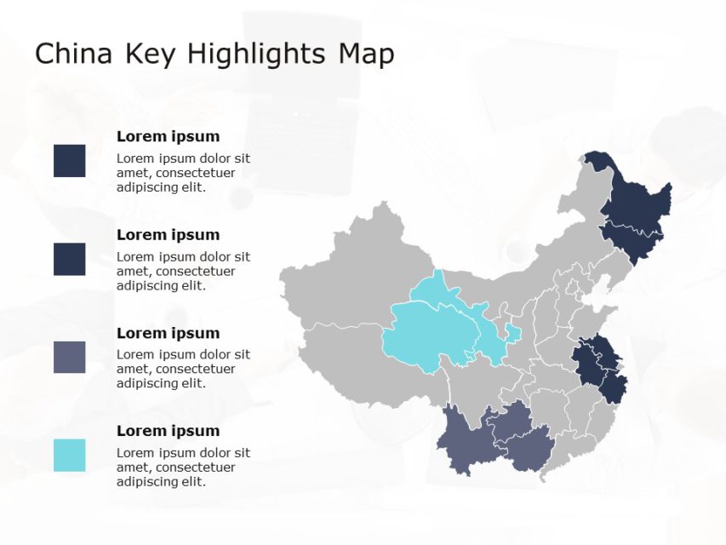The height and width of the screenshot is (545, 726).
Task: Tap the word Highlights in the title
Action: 255,54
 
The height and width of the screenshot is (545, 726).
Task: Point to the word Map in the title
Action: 366,54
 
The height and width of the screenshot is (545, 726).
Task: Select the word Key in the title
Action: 151,54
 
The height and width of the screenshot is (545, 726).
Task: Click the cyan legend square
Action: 69,456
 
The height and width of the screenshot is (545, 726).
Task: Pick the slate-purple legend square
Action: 69,358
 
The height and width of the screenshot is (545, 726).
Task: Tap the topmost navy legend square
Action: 69,161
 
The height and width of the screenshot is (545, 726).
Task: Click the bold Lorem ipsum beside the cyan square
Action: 168,431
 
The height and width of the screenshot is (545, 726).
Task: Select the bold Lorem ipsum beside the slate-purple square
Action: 168,333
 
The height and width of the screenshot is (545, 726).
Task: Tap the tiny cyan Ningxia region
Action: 513,332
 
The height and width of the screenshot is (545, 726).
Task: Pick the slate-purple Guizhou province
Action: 511,422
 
